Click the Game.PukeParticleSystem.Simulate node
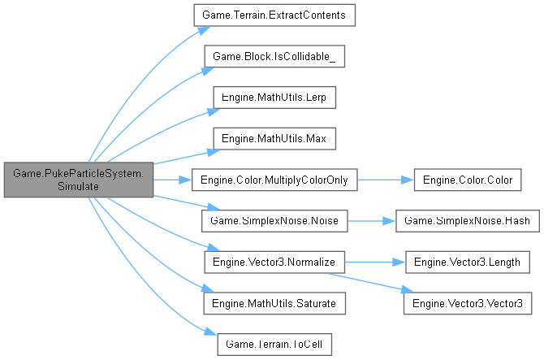pyautogui.click(x=78, y=179)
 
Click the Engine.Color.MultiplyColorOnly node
pyautogui.click(x=274, y=179)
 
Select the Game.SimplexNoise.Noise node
pyautogui.click(x=274, y=220)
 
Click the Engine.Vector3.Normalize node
pyautogui.click(x=274, y=262)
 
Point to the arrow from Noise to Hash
pyautogui.click(x=370, y=220)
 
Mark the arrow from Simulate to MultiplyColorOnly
pyautogui.click(x=171, y=179)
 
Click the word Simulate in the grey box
pyautogui.click(x=78, y=186)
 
